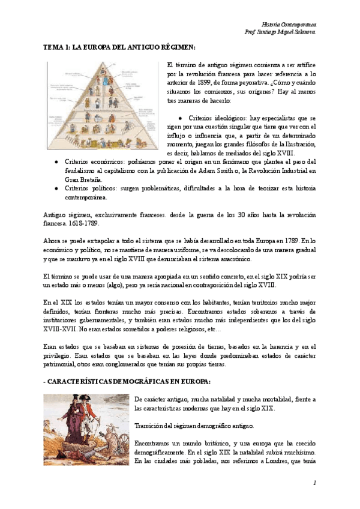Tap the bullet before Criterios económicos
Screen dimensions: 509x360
56,162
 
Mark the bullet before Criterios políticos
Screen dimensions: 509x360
56,188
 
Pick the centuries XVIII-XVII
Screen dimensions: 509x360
67,330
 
